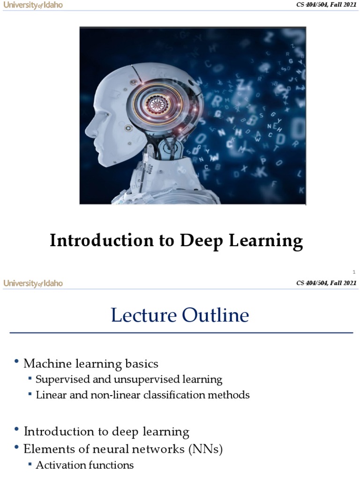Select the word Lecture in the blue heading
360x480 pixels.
[x=144, y=315]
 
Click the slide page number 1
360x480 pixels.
[x=354, y=272]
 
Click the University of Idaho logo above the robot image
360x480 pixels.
[x=33, y=5]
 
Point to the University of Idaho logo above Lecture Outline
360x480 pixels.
[x=33, y=283]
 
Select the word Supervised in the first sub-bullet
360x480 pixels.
[x=59, y=379]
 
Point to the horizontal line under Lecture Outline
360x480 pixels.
[x=181, y=333]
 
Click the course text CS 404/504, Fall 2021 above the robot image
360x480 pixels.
[x=326, y=5]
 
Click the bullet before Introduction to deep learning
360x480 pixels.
[x=17, y=430]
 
